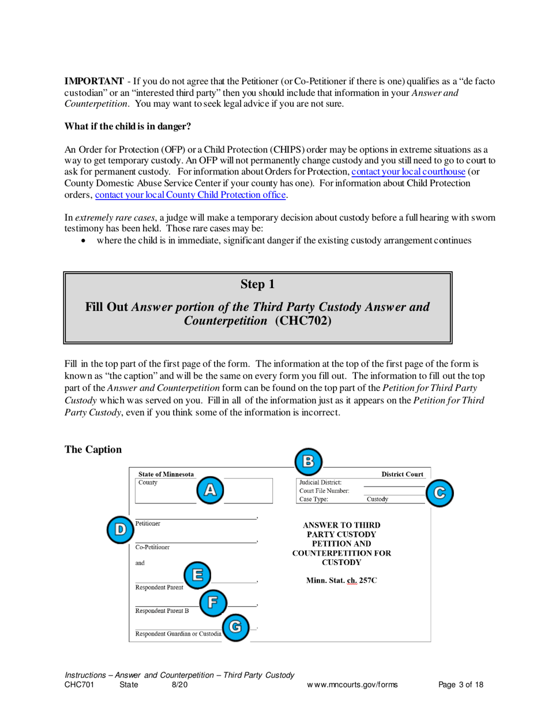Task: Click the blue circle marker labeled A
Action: (x=211, y=490)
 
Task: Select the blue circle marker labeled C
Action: (x=440, y=492)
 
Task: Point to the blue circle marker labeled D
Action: (x=120, y=529)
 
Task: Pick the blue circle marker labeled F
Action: (x=212, y=603)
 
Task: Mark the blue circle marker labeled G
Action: (x=235, y=627)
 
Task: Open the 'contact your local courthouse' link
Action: (x=408, y=173)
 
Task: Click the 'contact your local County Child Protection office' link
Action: (x=190, y=195)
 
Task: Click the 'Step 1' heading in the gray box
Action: (x=257, y=284)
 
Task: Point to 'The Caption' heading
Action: (x=93, y=450)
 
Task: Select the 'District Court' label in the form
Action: (x=403, y=474)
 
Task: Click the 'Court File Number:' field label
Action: (x=324, y=491)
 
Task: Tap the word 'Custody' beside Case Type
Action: (x=377, y=499)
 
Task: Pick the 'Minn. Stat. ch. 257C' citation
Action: (x=341, y=580)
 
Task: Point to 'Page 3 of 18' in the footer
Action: (x=461, y=685)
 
